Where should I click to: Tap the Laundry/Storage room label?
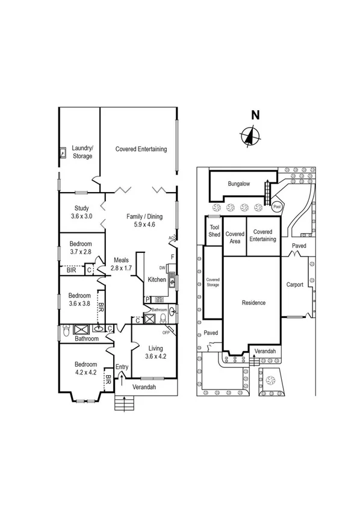tap(82, 152)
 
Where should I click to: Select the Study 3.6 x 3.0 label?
tap(81, 212)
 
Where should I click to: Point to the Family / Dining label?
tap(140, 220)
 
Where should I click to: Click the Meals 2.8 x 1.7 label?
tap(122, 264)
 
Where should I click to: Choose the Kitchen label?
tap(157, 279)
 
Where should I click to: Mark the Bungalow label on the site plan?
tap(238, 184)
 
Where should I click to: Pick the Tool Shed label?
tap(214, 231)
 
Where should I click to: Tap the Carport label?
tap(294, 285)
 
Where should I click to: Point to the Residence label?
tap(253, 302)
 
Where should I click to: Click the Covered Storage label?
tap(213, 282)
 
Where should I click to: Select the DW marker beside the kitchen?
tap(162, 268)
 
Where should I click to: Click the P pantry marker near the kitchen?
tap(146, 299)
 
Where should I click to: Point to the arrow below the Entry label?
tap(122, 378)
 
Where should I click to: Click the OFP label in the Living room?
tap(166, 332)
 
